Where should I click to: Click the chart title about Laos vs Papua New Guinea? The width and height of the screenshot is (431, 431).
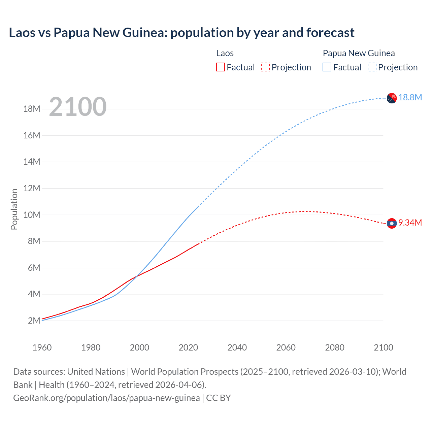[181, 33]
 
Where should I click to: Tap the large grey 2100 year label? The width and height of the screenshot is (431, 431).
[78, 107]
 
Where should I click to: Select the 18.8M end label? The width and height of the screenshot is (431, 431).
[410, 98]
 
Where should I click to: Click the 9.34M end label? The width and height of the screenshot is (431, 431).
[410, 223]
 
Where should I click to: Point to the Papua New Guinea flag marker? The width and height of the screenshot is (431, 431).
[392, 98]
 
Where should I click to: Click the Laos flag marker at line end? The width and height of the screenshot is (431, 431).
[392, 223]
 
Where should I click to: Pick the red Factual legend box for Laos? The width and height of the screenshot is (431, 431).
[220, 67]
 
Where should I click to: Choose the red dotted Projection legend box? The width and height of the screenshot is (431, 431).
[265, 67]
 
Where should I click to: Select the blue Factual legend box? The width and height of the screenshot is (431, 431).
[327, 67]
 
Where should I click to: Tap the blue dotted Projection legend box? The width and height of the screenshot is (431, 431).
[372, 67]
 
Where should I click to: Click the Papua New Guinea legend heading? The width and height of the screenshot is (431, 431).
[359, 53]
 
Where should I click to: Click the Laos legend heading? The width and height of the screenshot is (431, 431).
[225, 53]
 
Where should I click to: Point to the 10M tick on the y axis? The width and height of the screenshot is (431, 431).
[32, 215]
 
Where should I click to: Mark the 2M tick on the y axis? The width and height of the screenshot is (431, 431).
[34, 321]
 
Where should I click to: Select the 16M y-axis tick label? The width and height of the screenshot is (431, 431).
[32, 135]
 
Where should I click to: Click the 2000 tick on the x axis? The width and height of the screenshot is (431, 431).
[139, 347]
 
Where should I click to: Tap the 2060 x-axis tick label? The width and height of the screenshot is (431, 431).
[286, 347]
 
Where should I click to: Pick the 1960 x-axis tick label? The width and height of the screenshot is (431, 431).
[42, 347]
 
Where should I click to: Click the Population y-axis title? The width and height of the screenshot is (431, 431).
[14, 209]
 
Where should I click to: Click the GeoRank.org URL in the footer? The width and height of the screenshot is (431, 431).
[106, 398]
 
